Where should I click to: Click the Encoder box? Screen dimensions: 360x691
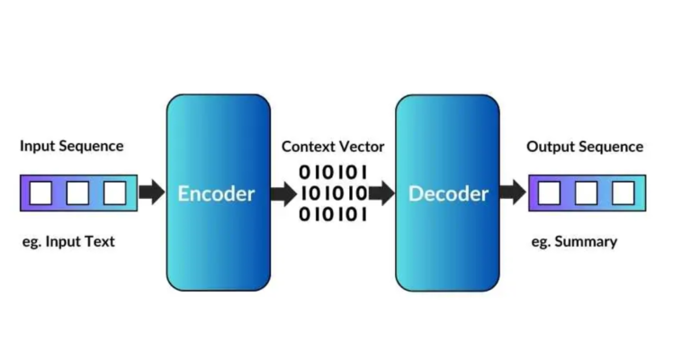pos(218,193)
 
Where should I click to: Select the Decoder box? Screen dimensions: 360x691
pos(447,193)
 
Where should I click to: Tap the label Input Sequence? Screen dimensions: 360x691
pos(72,146)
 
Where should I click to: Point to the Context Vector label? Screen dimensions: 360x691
pos(333,146)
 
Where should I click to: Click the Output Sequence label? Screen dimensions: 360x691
pos(585,146)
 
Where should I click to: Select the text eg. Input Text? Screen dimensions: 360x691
pos(68,241)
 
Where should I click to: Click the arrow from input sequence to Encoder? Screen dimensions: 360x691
pos(152,192)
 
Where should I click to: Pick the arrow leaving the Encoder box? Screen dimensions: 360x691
pos(283,192)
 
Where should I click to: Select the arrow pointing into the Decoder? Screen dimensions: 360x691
pos(381,192)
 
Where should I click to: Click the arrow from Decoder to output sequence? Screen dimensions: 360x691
pos(513,192)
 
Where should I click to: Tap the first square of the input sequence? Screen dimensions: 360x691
pos(40,193)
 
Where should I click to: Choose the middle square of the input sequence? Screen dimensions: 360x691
pos(77,193)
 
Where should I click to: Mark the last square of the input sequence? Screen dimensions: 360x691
pos(114,193)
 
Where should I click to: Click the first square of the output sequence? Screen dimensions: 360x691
pos(549,193)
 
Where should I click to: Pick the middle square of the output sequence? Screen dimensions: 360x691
pos(586,193)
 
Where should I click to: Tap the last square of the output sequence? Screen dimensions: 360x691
pos(623,193)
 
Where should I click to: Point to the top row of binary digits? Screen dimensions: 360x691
pos(333,171)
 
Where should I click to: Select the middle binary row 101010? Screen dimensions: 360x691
pos(333,193)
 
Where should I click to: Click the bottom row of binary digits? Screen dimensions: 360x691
pos(333,214)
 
